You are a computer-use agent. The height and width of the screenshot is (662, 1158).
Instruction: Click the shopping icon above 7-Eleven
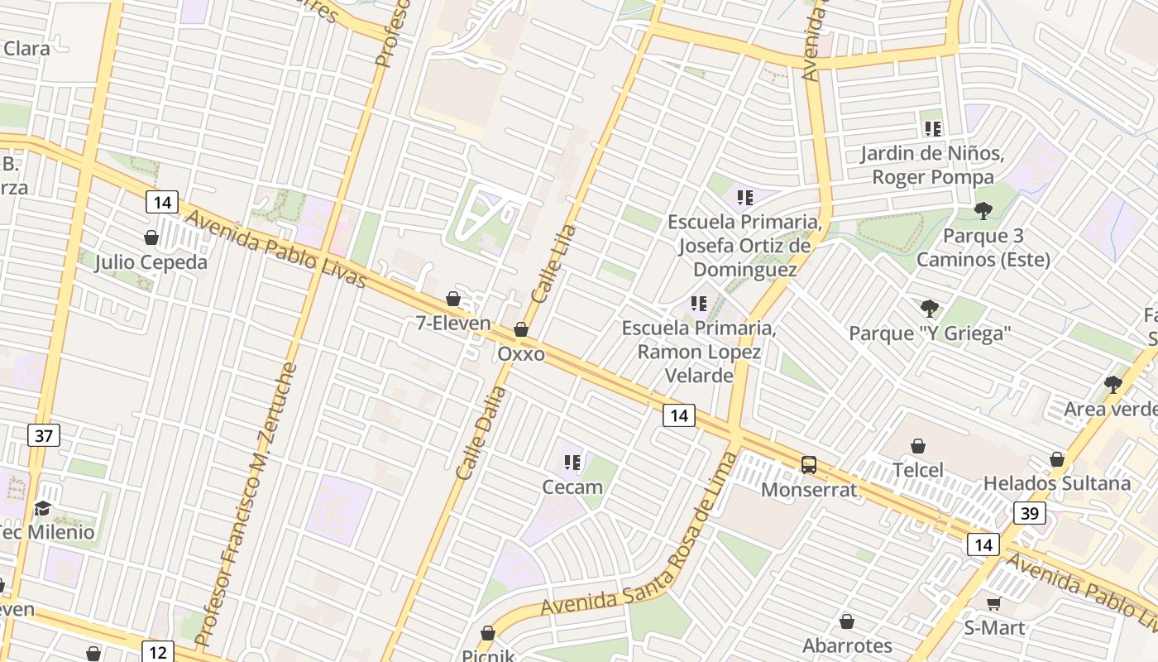pos(453,299)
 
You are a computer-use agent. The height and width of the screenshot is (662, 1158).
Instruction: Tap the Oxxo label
pos(521,354)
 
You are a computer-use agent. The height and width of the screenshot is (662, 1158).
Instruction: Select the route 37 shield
pos(44,435)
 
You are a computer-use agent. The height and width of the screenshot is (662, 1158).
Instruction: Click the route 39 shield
pos(1030,513)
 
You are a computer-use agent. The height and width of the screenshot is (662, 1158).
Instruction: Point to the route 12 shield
pos(158,652)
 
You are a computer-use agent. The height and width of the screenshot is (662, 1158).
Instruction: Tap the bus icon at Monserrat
pos(809,465)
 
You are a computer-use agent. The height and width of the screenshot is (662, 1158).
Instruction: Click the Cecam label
pos(572,487)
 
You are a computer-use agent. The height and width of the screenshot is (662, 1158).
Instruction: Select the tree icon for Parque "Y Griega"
pos(930,309)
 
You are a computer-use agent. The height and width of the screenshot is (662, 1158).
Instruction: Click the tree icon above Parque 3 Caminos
pos(983,211)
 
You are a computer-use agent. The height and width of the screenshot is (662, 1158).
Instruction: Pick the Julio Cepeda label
pos(151,262)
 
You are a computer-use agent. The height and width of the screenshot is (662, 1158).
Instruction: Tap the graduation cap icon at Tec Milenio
pos(42,507)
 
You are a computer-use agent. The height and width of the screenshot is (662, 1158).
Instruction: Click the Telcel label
pos(918,470)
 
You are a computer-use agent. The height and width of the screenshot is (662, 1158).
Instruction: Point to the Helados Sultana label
pos(1056,483)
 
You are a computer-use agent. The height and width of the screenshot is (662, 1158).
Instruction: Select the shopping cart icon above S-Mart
pos(993,603)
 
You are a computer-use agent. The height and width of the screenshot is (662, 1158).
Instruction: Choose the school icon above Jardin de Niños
pos(933,129)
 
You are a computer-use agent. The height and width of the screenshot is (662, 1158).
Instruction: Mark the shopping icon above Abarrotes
pos(847,621)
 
